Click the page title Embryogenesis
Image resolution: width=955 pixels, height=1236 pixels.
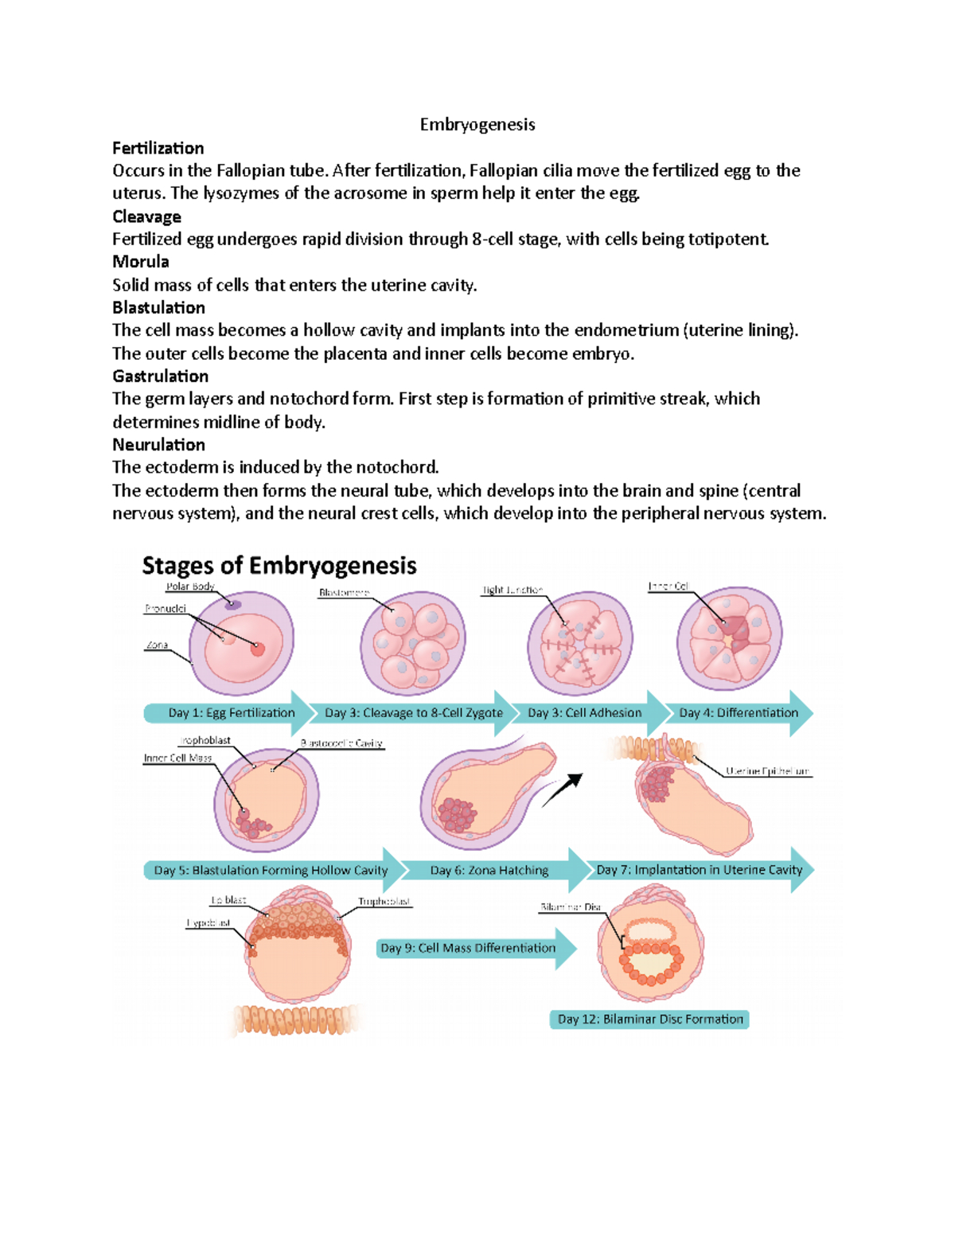pyautogui.click(x=477, y=124)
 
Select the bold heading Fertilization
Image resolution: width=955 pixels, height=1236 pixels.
pyautogui.click(x=158, y=148)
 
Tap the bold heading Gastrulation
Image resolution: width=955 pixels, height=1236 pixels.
pyautogui.click(x=160, y=376)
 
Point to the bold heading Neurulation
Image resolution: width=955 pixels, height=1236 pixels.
pyautogui.click(x=158, y=444)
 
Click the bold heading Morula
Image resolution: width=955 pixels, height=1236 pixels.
pyautogui.click(x=140, y=261)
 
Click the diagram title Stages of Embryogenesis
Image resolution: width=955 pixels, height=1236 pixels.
pyautogui.click(x=279, y=566)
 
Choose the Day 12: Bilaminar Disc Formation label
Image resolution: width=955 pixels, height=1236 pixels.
pyautogui.click(x=649, y=1019)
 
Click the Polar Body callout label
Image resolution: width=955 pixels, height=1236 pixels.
pyautogui.click(x=189, y=587)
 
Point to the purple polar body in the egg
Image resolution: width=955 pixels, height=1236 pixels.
pyautogui.click(x=232, y=605)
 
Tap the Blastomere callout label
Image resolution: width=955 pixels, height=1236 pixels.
pyautogui.click(x=344, y=592)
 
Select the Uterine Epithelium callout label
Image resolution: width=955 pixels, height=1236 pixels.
pyautogui.click(x=767, y=771)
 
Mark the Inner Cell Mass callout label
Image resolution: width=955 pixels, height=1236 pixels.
pyautogui.click(x=177, y=758)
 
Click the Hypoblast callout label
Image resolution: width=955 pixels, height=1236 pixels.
pyautogui.click(x=209, y=923)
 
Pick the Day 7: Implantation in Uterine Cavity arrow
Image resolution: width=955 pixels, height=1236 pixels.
pyautogui.click(x=700, y=870)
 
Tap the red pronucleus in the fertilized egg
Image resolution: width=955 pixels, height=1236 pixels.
pyautogui.click(x=257, y=649)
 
